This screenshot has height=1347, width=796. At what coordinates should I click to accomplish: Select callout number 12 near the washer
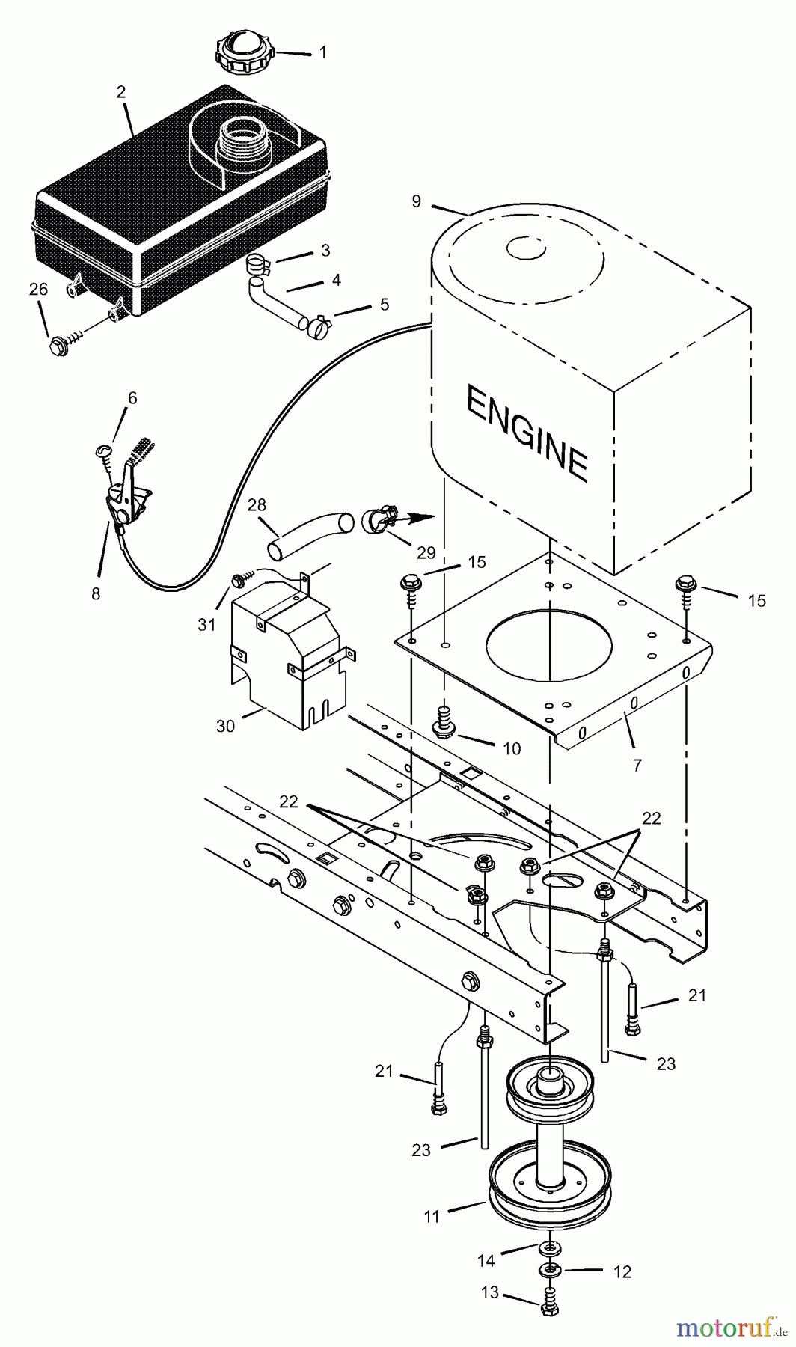pos(622,1272)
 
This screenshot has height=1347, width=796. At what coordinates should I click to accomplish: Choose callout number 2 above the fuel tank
pos(120,91)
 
